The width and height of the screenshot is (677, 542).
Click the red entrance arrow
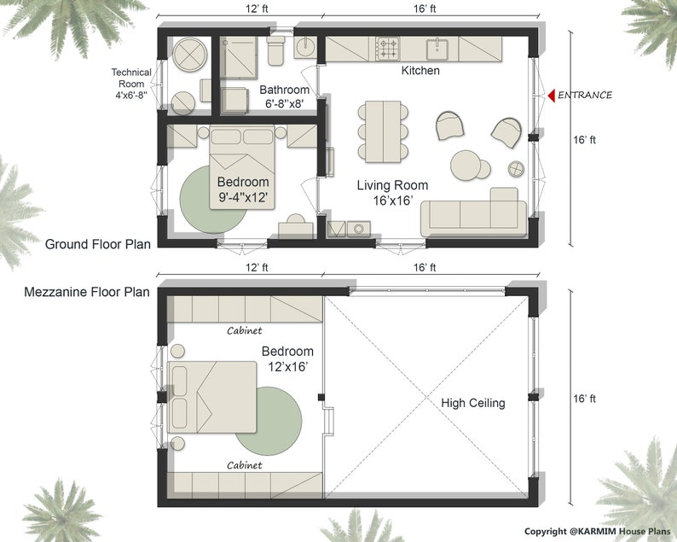[551, 95]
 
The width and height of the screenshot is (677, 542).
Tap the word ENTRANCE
[585, 95]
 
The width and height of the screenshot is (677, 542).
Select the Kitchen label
[420, 71]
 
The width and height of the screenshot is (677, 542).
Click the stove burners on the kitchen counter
[388, 44]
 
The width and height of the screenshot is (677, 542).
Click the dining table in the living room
[381, 131]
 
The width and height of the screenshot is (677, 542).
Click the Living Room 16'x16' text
[392, 193]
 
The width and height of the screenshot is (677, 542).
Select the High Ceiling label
[472, 403]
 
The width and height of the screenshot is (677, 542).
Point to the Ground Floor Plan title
[97, 244]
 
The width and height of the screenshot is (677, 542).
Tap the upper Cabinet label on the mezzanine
[244, 330]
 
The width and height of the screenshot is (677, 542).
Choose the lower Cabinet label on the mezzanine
[244, 465]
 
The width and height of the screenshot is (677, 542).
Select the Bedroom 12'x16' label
[286, 358]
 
